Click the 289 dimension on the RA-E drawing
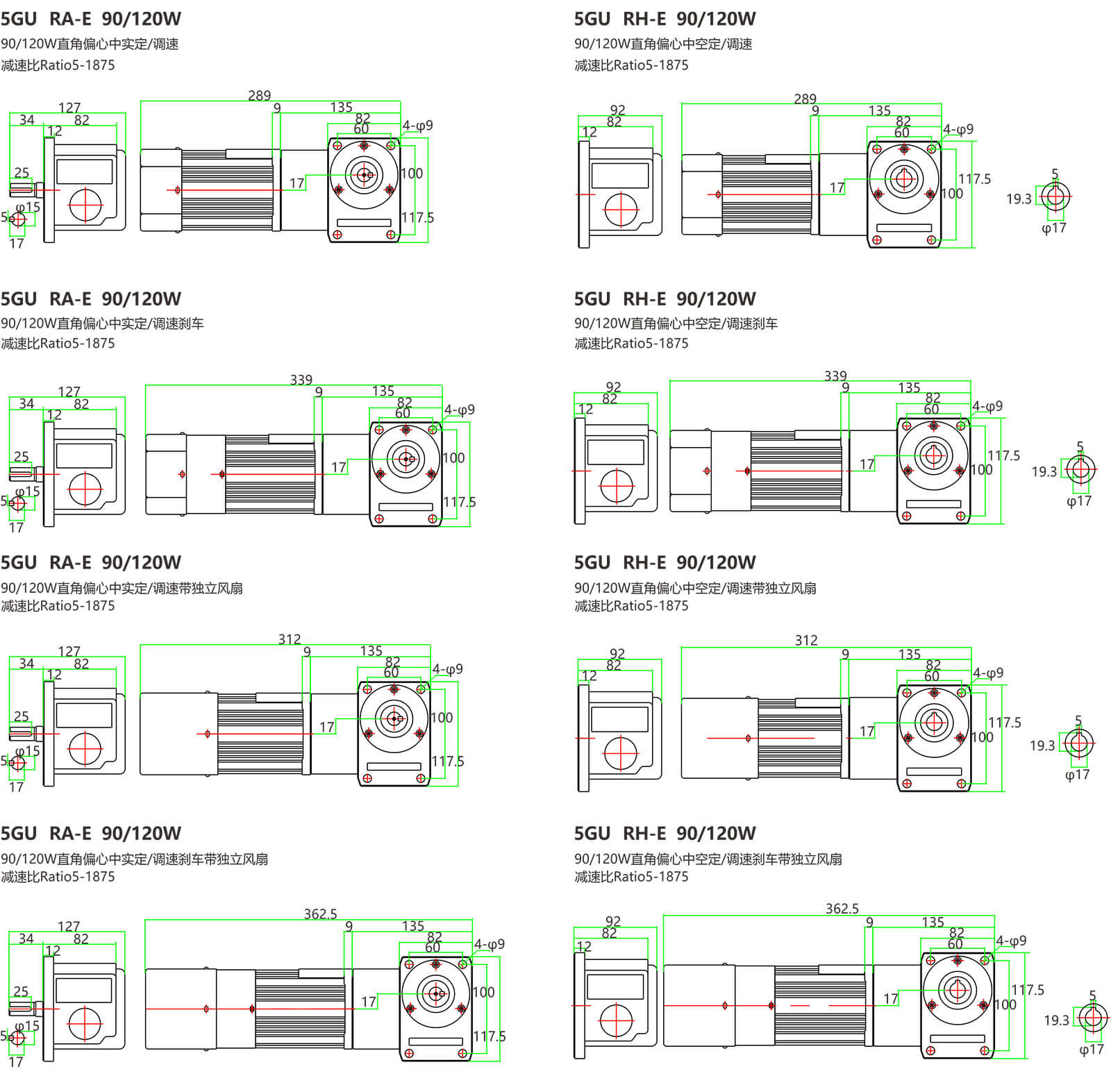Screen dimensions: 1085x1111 (x=259, y=96)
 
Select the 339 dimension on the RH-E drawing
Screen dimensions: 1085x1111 (x=835, y=376)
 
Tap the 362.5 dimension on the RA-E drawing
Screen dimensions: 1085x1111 (x=320, y=914)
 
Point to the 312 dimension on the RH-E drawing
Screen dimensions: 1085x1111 (x=805, y=640)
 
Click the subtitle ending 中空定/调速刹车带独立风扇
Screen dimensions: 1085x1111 (x=708, y=859)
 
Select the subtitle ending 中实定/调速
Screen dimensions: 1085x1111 (x=90, y=44)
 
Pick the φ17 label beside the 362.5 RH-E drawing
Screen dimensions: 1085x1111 (x=1091, y=1050)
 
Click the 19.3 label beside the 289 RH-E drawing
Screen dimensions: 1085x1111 (x=1019, y=199)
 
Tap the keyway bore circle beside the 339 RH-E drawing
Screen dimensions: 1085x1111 (x=1080, y=469)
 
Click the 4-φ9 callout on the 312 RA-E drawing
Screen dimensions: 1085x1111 (x=447, y=669)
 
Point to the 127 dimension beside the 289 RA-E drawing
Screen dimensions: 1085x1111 (x=69, y=108)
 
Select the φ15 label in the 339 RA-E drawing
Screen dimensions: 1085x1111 (x=28, y=491)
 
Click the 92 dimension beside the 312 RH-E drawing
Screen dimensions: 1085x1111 (x=617, y=653)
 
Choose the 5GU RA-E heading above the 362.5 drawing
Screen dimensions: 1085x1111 (x=90, y=833)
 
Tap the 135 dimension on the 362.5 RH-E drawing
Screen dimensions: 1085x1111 (x=933, y=922)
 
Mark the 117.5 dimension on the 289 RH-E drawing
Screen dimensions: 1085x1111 (x=974, y=179)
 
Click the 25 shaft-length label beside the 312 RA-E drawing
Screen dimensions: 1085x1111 (x=22, y=716)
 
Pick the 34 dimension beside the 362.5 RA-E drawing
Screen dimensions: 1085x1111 (x=26, y=939)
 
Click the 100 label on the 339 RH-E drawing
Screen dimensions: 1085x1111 (x=981, y=470)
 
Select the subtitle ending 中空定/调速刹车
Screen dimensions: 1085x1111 (x=676, y=323)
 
